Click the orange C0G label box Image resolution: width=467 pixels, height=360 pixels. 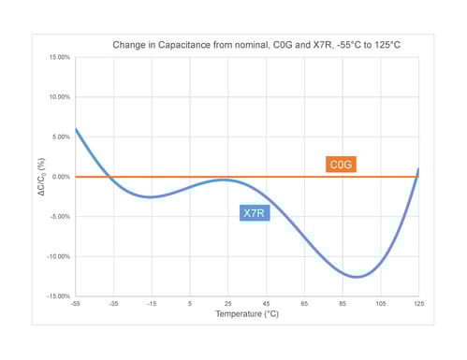[342, 165]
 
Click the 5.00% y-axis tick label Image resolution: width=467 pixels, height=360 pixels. [58, 137]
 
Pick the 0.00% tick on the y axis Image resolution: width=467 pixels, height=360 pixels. [58, 177]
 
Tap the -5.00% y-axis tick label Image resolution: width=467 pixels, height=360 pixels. [57, 216]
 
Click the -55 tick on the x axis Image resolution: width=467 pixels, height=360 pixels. [75, 304]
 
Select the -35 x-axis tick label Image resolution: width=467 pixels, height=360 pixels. [113, 304]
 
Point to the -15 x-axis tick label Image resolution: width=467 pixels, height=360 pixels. [152, 304]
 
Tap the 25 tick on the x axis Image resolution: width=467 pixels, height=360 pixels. [227, 304]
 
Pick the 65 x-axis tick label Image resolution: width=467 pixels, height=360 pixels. [304, 304]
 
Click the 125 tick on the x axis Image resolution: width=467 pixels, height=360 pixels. [418, 304]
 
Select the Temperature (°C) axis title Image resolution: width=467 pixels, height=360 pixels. [246, 315]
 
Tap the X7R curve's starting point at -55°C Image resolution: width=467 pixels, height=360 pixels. [75, 129]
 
